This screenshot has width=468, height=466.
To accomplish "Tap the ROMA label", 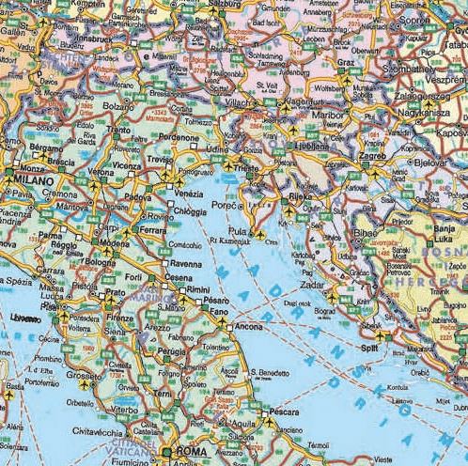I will [x=190, y=452].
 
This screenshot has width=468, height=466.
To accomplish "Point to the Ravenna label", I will [x=184, y=264].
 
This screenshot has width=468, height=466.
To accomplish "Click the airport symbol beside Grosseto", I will [x=86, y=384].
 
